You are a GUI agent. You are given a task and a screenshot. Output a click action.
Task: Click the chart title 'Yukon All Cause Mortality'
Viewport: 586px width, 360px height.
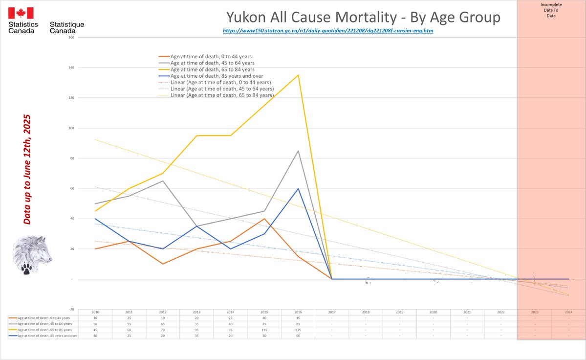pos(363,18)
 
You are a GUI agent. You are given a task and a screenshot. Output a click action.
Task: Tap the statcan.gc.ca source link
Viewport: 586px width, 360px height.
pos(328,30)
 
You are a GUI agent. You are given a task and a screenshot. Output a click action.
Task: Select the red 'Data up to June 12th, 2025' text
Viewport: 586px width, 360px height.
pos(27,170)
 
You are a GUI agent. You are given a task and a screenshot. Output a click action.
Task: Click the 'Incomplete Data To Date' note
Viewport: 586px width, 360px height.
pos(551,10)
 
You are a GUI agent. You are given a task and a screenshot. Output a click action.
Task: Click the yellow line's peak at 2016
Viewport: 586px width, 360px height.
pos(298,75)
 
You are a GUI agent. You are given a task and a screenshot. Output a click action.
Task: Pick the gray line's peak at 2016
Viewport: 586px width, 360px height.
pos(298,151)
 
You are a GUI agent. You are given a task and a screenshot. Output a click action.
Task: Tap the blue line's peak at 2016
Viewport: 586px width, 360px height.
pos(298,189)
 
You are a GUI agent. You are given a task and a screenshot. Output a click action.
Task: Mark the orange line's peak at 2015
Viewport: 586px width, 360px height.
pos(264,219)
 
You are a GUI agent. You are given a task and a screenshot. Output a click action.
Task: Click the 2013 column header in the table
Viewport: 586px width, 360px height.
pos(196,312)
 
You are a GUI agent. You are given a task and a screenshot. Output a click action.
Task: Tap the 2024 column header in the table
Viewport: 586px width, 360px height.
pos(568,312)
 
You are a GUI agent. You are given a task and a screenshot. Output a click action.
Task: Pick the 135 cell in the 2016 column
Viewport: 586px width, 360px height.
pos(298,330)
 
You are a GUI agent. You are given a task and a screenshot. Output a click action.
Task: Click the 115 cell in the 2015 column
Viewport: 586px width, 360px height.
pos(264,330)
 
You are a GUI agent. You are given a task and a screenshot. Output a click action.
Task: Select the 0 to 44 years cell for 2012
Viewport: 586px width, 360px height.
pos(163,318)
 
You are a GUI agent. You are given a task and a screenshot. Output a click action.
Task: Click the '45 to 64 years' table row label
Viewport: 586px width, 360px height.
pos(44,324)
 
